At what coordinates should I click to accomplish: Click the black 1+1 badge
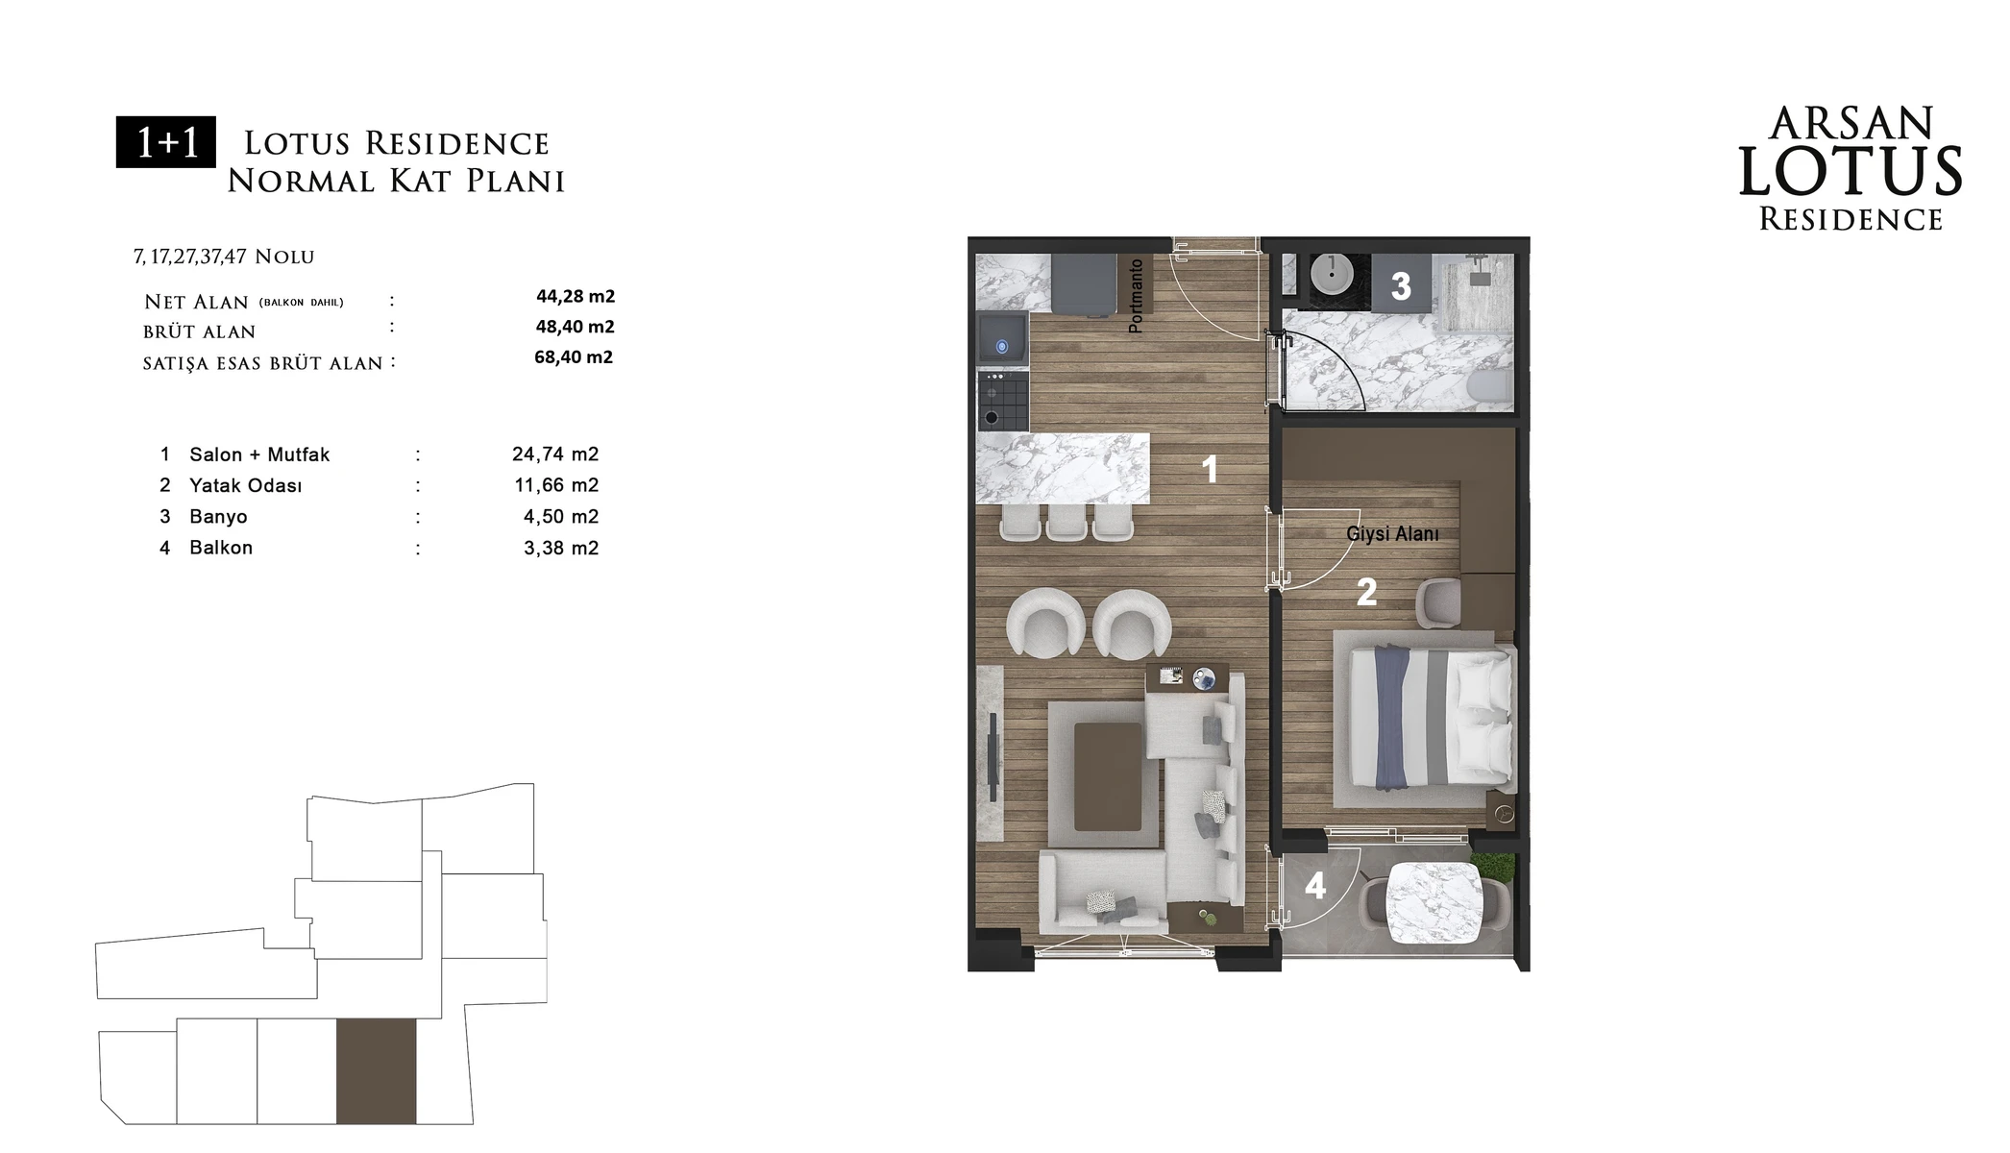(x=166, y=142)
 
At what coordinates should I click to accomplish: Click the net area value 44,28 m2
(x=576, y=296)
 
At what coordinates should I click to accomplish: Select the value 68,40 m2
(x=574, y=357)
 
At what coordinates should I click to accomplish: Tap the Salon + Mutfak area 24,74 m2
(x=555, y=454)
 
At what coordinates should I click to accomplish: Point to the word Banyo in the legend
(x=218, y=517)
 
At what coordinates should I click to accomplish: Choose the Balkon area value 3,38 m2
(x=561, y=548)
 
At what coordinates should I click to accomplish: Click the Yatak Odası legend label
(x=245, y=485)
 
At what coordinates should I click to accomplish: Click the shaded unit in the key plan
(x=377, y=1070)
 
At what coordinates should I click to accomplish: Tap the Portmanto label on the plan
(x=1137, y=296)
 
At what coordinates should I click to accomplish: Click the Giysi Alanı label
(x=1392, y=534)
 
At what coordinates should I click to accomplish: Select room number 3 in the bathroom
(x=1401, y=285)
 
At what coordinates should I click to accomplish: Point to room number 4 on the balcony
(x=1315, y=885)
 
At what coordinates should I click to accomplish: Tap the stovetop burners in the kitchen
(x=1002, y=401)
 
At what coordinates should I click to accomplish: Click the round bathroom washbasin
(x=1333, y=274)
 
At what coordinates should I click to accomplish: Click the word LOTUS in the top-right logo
(x=1851, y=173)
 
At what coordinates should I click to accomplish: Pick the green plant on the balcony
(x=1497, y=867)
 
